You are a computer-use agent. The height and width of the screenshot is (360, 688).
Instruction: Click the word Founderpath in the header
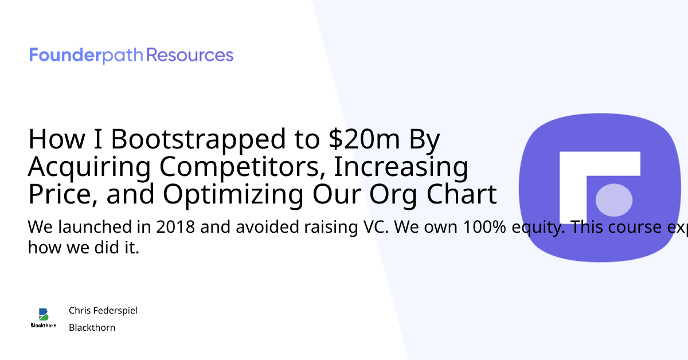pyautogui.click(x=87, y=56)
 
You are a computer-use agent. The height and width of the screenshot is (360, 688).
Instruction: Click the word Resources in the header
pyautogui.click(x=190, y=56)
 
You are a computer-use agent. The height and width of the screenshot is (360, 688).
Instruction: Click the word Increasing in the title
pyautogui.click(x=401, y=167)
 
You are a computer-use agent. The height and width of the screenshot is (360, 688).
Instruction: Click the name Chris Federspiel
pyautogui.click(x=103, y=310)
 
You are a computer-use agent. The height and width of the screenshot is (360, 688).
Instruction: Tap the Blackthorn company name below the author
pyautogui.click(x=92, y=327)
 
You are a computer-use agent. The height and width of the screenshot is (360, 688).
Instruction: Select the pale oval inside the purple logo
pyautogui.click(x=614, y=200)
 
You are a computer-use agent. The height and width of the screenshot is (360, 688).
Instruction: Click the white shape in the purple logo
pyautogui.click(x=579, y=172)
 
